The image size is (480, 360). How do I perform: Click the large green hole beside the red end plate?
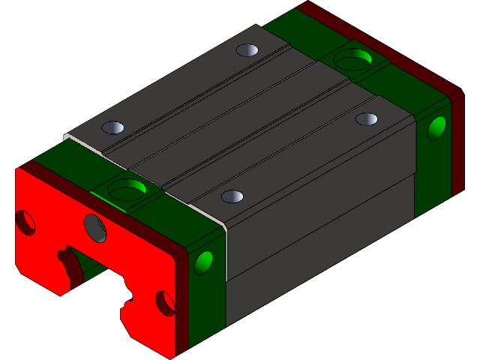[127, 190]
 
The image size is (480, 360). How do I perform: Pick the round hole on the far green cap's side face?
[436, 128]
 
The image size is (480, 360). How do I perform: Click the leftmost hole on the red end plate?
[25, 222]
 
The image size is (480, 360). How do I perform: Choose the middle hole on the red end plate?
[94, 227]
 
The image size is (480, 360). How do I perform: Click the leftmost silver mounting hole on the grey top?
[112, 127]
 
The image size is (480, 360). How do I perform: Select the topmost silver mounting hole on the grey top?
[247, 51]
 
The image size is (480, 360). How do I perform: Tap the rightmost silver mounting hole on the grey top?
[366, 118]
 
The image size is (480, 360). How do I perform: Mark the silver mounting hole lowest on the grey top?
[232, 196]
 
